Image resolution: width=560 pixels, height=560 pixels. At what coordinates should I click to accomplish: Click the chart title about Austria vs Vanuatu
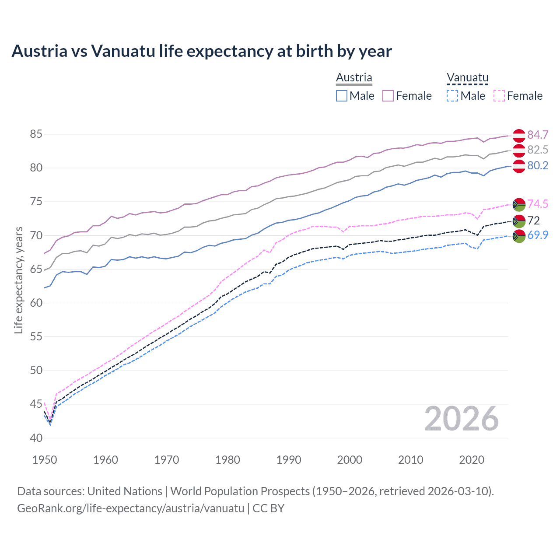click(x=202, y=51)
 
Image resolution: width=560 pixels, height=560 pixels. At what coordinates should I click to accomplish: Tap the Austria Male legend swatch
click(x=342, y=96)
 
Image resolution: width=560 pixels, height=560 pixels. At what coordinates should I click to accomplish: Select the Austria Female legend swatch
click(x=388, y=96)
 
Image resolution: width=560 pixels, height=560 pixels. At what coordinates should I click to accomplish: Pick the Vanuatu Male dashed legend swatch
click(x=452, y=96)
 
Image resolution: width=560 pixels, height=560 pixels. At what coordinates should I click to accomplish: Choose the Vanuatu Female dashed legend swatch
click(x=499, y=96)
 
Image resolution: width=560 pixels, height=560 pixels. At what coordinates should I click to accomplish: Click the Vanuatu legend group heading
click(x=467, y=78)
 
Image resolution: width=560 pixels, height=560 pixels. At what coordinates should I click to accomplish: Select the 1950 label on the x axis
click(x=45, y=460)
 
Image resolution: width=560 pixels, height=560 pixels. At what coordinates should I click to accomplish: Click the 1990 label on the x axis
click(x=289, y=460)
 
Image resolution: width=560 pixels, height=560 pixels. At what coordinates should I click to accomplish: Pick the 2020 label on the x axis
click(x=472, y=460)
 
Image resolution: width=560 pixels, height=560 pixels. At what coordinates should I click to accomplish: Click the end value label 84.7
click(x=538, y=135)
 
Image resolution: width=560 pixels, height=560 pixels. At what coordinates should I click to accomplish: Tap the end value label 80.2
click(x=538, y=165)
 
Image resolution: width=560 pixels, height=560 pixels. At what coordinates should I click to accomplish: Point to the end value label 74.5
click(x=538, y=204)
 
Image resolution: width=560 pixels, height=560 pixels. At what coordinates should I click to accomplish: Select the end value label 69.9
click(x=538, y=235)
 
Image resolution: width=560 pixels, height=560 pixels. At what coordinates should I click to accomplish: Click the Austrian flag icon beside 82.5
click(x=519, y=150)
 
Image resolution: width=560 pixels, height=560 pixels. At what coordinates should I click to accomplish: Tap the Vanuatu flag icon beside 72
click(x=519, y=220)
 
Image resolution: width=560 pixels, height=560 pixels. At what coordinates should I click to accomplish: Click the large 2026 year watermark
click(x=462, y=419)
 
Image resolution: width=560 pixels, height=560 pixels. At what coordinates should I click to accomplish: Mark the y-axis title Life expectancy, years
click(x=18, y=280)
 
